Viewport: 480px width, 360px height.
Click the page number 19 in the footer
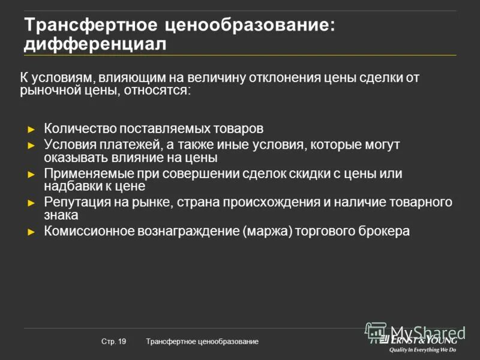click(122, 341)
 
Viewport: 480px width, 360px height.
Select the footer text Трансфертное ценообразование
click(202, 341)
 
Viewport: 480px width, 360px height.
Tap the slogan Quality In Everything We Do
click(423, 349)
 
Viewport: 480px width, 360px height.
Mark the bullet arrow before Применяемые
click(32, 175)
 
